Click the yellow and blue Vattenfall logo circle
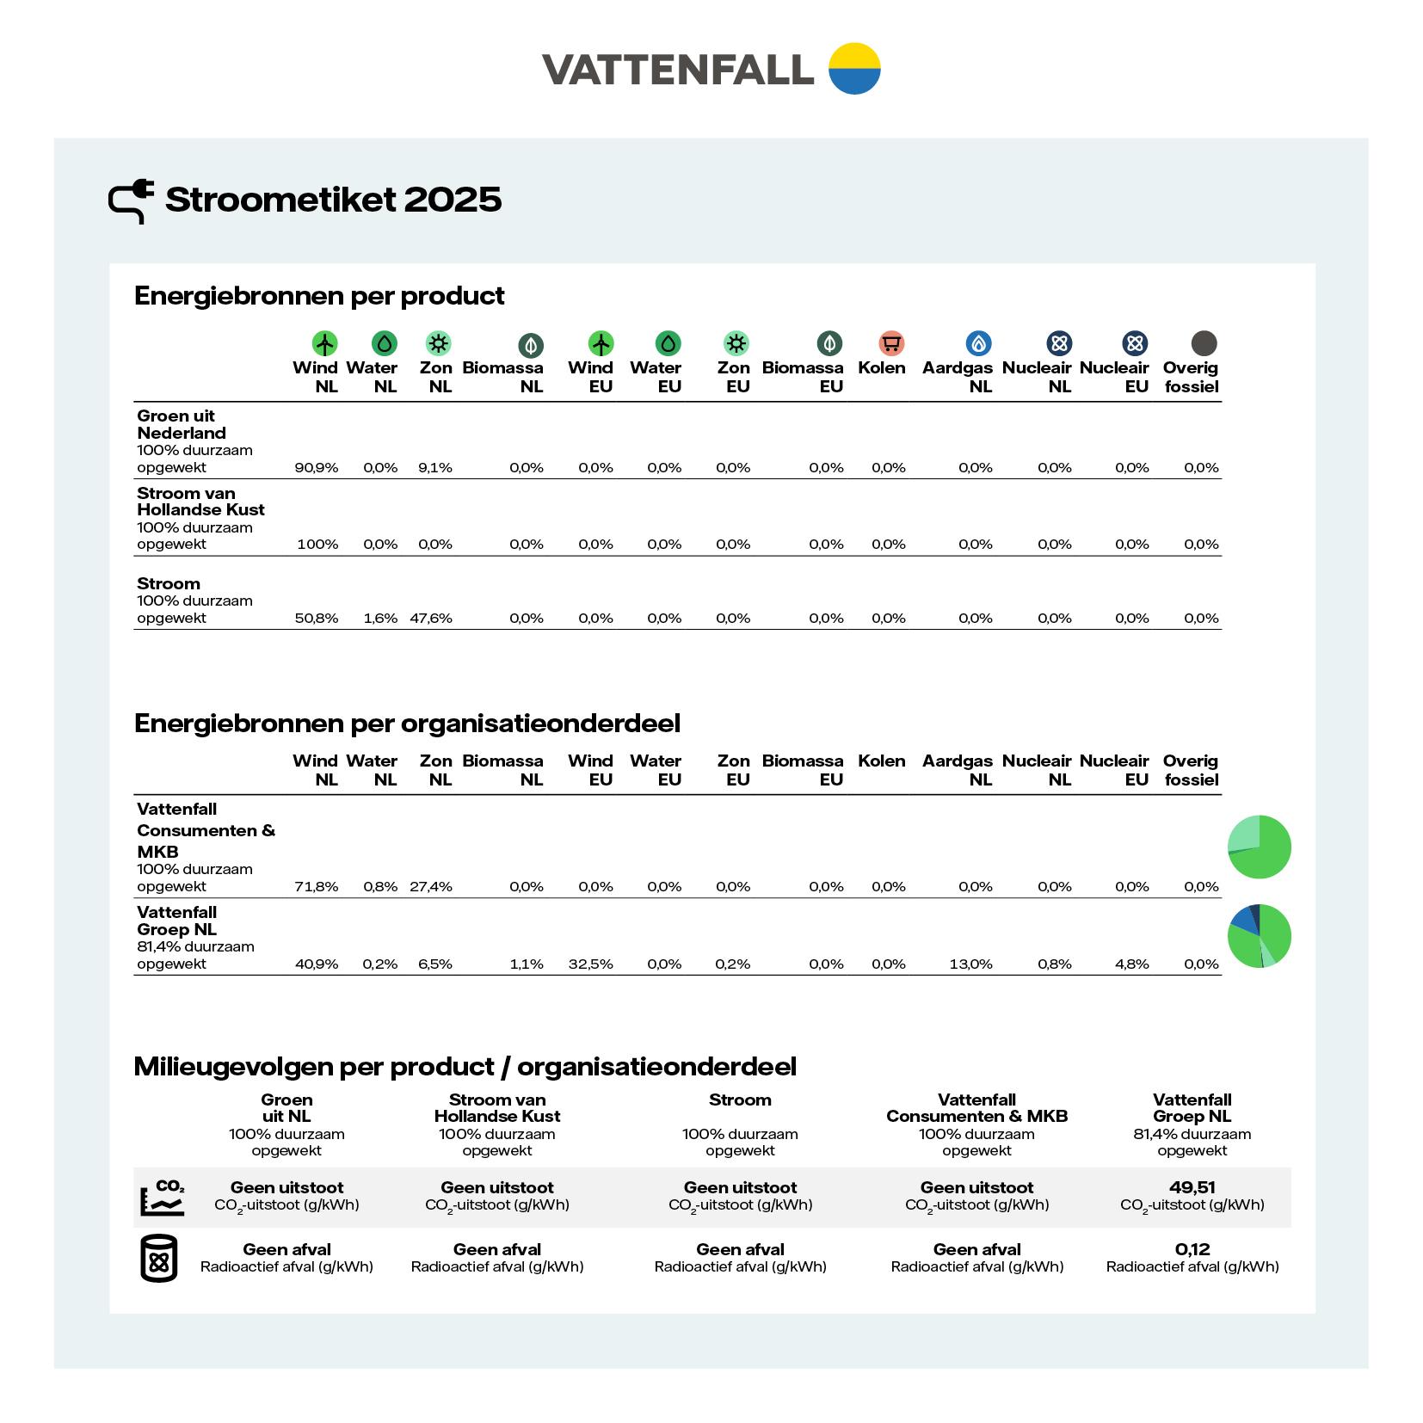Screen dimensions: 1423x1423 [853, 68]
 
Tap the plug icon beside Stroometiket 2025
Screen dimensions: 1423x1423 [131, 200]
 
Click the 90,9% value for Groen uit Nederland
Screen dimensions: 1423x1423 [316, 468]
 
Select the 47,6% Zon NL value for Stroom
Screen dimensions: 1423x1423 [431, 619]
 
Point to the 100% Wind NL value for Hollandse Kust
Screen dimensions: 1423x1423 [317, 545]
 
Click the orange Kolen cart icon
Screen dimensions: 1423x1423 [891, 343]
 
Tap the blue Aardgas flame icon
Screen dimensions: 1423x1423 [978, 343]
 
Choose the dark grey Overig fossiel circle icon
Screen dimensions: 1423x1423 [1204, 343]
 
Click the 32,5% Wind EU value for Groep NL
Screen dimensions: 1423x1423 [590, 964]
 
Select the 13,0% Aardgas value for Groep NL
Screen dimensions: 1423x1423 [970, 964]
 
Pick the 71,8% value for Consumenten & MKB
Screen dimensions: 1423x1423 [316, 887]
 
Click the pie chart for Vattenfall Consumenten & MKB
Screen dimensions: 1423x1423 [1259, 847]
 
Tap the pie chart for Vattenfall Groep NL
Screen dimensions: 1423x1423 [1259, 936]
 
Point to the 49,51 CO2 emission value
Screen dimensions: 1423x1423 [1192, 1187]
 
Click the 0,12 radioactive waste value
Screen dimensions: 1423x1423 [1192, 1249]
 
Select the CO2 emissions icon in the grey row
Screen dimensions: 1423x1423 [162, 1197]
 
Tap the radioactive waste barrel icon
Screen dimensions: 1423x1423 [158, 1259]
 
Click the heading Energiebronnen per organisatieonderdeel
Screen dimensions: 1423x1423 [407, 724]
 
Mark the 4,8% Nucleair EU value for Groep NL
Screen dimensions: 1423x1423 [1131, 964]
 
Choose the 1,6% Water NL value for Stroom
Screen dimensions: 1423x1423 [380, 619]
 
